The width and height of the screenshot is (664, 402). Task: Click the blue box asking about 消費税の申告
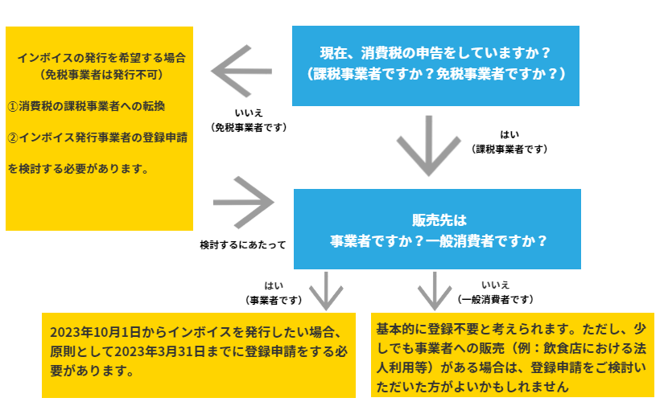[435, 64]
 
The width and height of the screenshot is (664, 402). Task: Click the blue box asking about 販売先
[437, 229]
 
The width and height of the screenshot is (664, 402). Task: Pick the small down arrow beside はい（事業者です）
[327, 291]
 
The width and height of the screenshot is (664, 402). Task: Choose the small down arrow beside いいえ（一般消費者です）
[435, 291]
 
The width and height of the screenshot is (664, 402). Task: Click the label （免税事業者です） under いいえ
[250, 127]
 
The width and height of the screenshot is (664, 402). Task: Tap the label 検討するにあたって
[242, 243]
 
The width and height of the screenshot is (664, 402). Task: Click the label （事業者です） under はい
[274, 299]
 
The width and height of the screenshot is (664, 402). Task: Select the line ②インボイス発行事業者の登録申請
[97, 137]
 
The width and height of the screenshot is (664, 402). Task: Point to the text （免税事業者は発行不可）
[101, 75]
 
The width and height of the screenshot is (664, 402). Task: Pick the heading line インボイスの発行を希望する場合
[101, 58]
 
